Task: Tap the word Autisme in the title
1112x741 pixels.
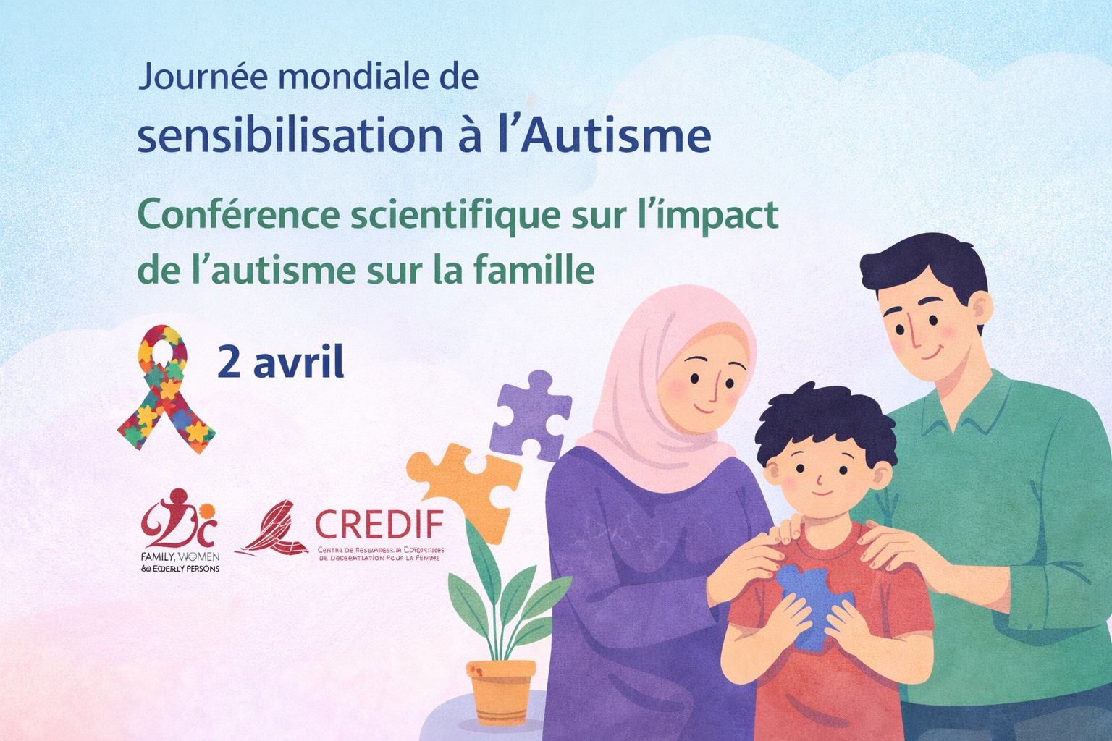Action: pos(615,135)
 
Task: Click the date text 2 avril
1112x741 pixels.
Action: pos(281,363)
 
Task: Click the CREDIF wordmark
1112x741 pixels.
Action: pos(379,525)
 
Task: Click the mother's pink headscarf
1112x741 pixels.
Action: pos(652,405)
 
